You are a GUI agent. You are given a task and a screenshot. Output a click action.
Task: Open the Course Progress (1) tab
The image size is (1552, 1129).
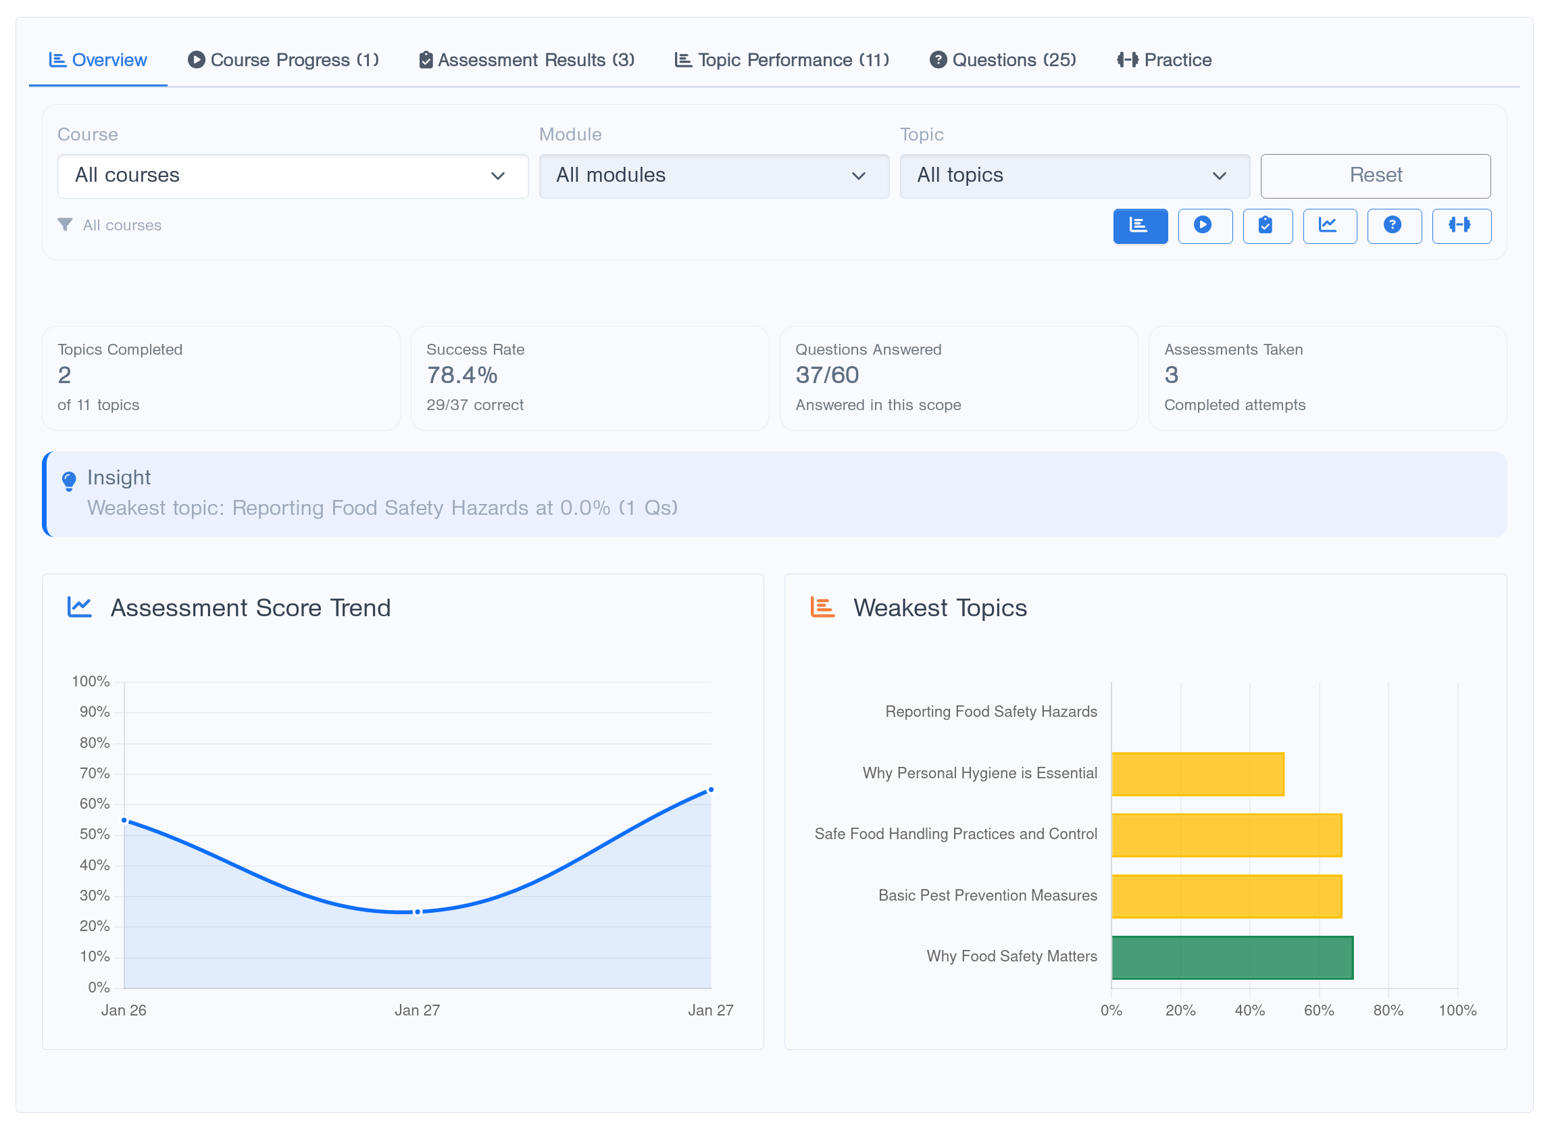(x=283, y=60)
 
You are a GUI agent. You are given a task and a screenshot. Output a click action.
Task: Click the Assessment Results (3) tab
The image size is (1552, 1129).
(x=526, y=60)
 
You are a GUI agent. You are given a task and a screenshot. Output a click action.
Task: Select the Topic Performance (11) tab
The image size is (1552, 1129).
(x=782, y=60)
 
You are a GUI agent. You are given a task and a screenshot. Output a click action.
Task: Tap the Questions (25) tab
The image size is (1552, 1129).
(x=1003, y=60)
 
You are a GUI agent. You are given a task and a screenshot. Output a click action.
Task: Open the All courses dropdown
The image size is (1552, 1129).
(x=292, y=176)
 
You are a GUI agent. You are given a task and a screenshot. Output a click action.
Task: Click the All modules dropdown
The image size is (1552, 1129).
(x=714, y=176)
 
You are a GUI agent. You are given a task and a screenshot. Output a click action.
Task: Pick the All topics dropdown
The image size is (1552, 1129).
(x=1074, y=176)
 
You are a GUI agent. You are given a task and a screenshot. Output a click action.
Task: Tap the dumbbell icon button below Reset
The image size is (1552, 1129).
(x=1460, y=226)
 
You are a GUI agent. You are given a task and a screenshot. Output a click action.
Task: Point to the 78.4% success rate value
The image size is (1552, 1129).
(x=462, y=375)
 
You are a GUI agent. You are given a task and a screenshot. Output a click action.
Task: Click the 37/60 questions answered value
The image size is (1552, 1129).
(x=826, y=375)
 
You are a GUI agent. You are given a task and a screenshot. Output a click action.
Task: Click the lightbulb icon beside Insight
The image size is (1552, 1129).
(x=69, y=481)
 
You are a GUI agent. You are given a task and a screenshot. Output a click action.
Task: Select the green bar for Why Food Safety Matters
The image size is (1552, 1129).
(x=1232, y=957)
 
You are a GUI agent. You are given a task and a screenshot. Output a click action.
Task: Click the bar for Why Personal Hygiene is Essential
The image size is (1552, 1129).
(x=1197, y=774)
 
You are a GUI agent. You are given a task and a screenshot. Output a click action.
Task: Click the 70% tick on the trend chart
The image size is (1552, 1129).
(x=95, y=773)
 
